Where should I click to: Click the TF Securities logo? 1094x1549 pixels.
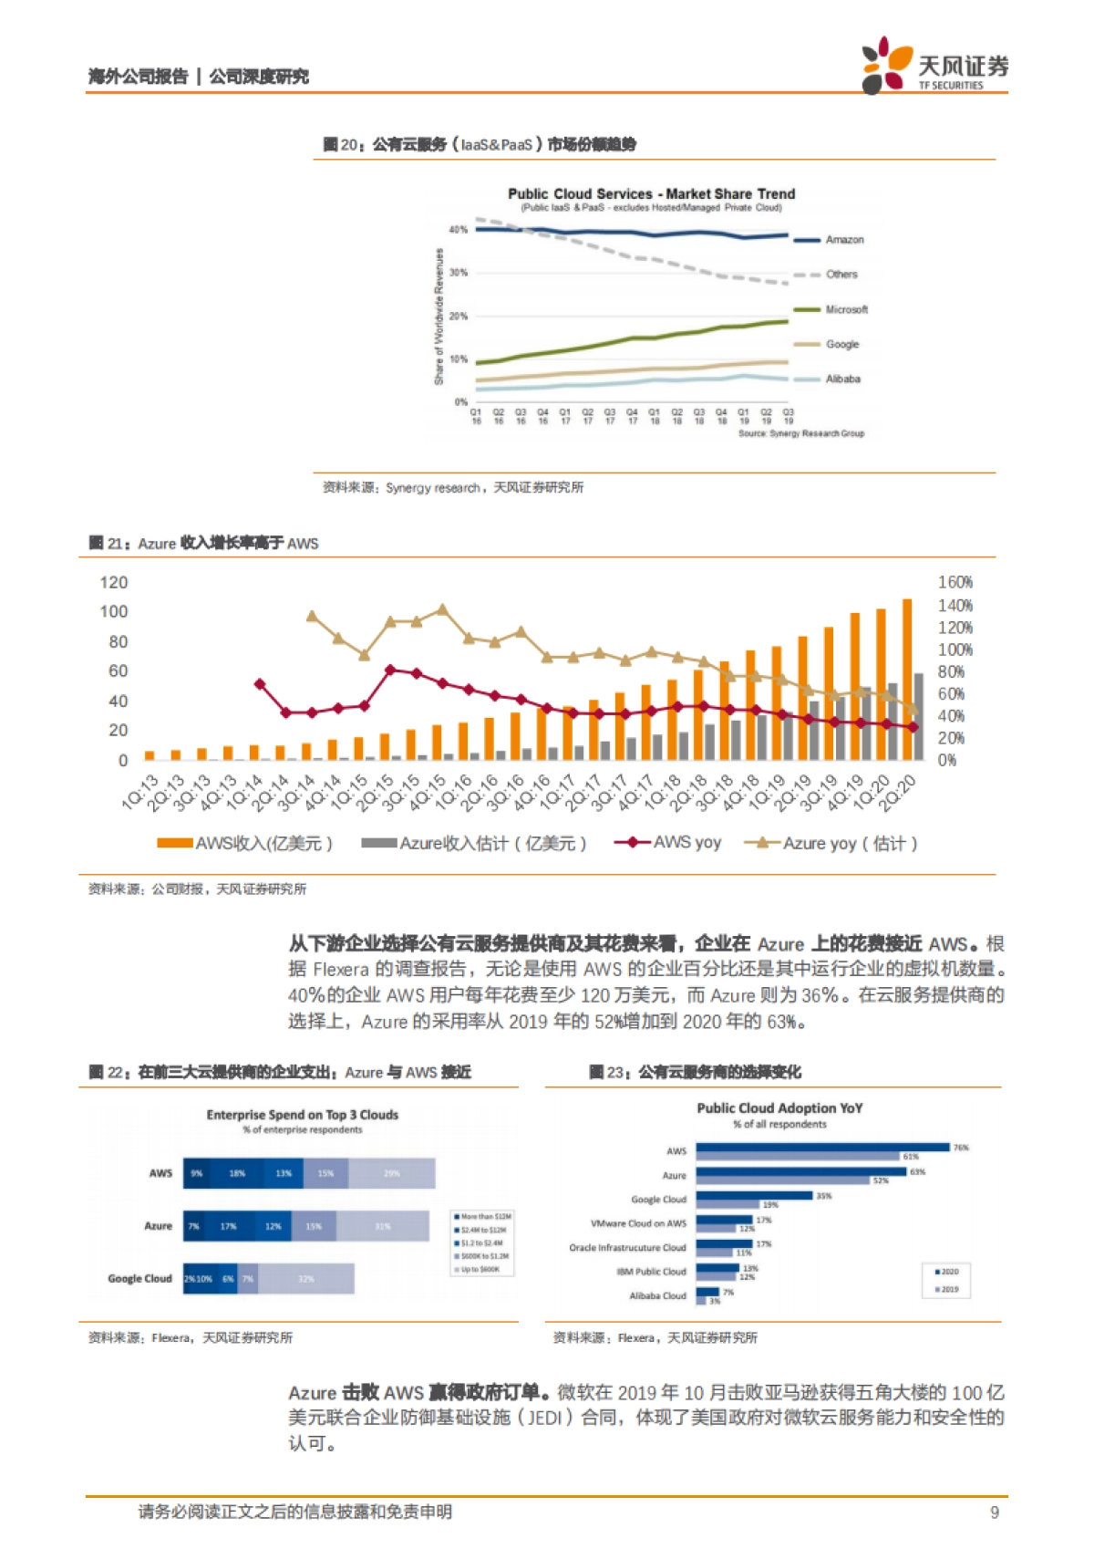[x=934, y=65]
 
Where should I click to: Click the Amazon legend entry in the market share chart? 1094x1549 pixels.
[x=844, y=240]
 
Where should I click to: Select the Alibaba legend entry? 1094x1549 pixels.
[x=842, y=379]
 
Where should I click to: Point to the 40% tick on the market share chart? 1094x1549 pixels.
[x=459, y=230]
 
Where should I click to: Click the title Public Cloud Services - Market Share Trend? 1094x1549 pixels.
[x=651, y=193]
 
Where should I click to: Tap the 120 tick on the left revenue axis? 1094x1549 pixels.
[x=114, y=582]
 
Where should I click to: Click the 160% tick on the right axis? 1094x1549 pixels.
[x=955, y=582]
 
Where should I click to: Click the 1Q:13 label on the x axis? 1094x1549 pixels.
[x=141, y=791]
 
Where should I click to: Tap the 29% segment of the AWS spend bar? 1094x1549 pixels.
[x=392, y=1174]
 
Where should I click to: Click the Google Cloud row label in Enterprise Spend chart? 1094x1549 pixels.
[x=139, y=1279]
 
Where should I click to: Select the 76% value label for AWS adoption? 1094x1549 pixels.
[x=961, y=1148]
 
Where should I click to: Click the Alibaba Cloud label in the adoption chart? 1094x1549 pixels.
[x=657, y=1295]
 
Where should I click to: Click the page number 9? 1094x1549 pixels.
[x=995, y=1513]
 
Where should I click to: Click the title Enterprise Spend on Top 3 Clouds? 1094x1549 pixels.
[x=302, y=1115]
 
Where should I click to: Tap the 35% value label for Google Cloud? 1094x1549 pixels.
[x=823, y=1196]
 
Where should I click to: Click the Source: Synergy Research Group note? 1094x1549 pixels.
[x=800, y=433]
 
